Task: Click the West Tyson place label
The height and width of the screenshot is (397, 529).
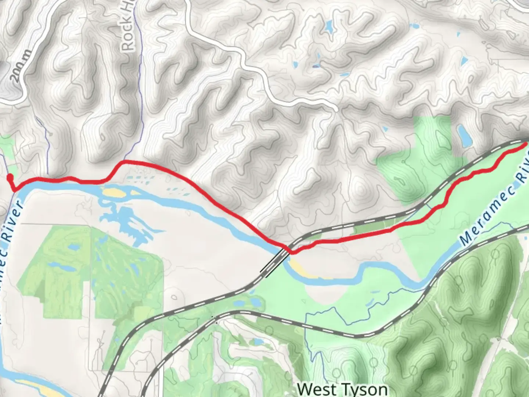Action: point(342,389)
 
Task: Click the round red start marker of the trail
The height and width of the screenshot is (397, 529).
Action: point(10,178)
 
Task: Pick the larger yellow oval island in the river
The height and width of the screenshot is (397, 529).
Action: point(114,192)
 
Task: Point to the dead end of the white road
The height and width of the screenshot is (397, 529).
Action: point(336,109)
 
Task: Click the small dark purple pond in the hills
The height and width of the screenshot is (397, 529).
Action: point(316,67)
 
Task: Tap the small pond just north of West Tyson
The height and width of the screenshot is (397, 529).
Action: point(258,342)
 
